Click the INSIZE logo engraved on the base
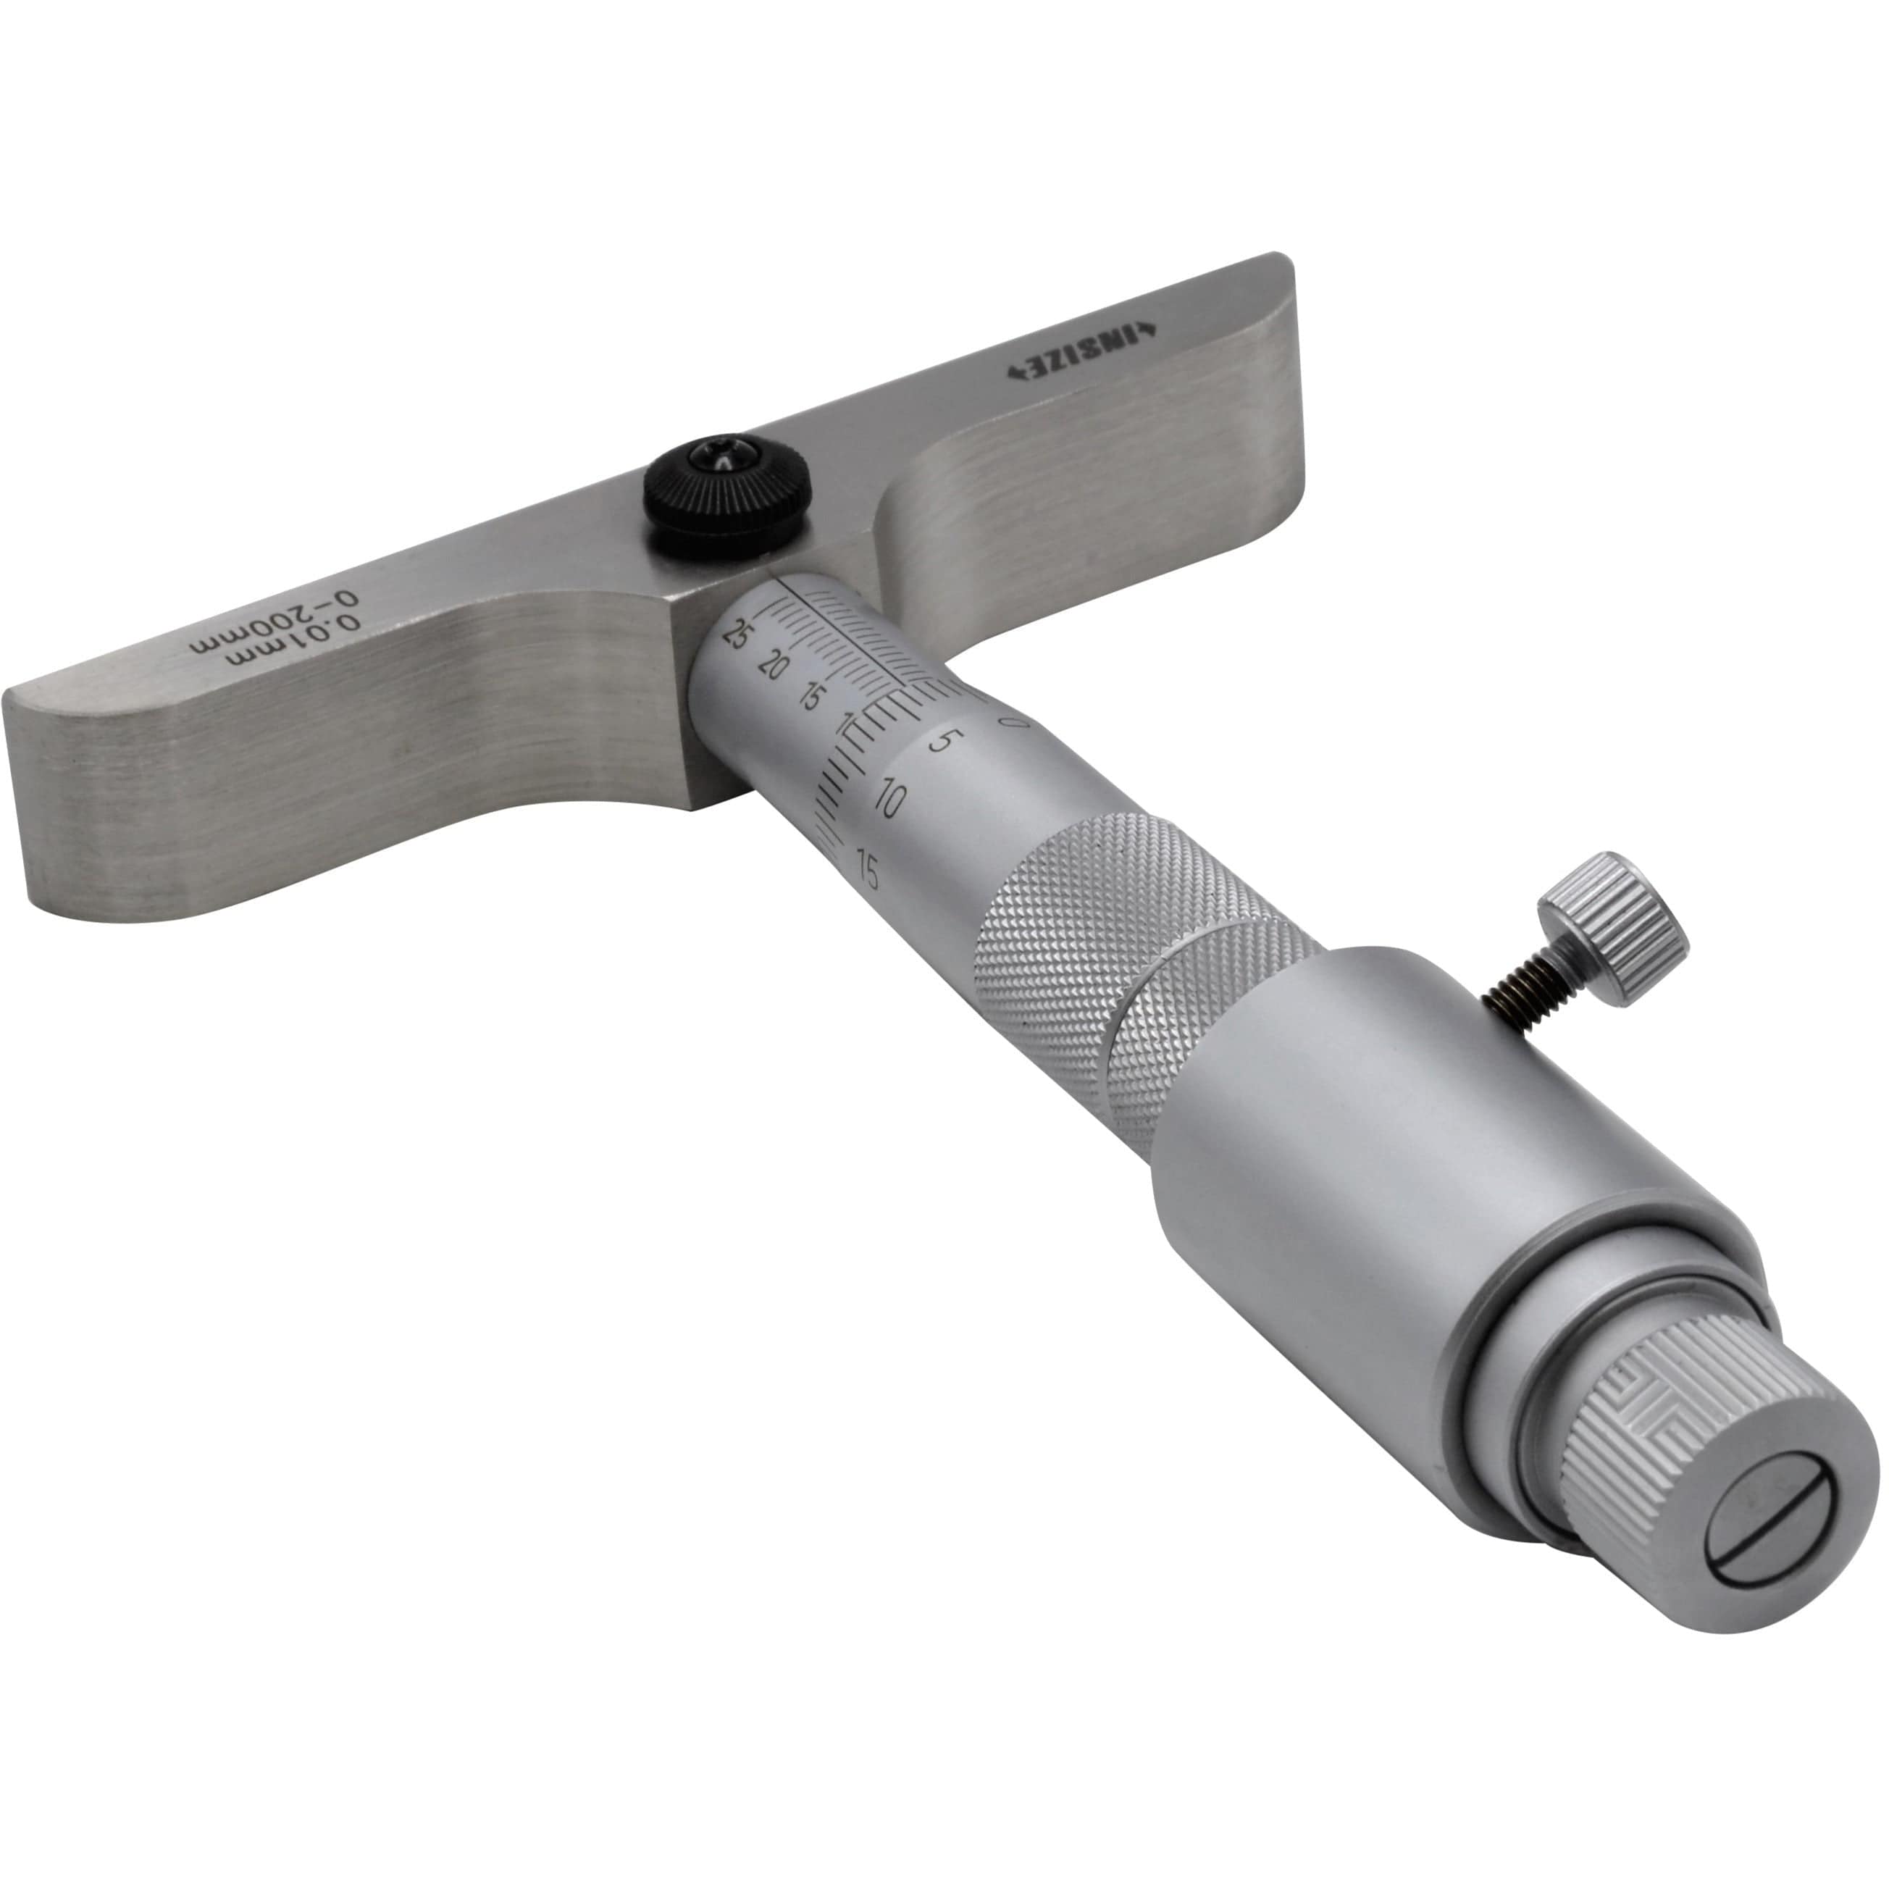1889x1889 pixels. pos(1081,354)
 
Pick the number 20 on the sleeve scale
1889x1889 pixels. pos(772,667)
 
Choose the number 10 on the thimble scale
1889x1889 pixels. pos(889,802)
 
